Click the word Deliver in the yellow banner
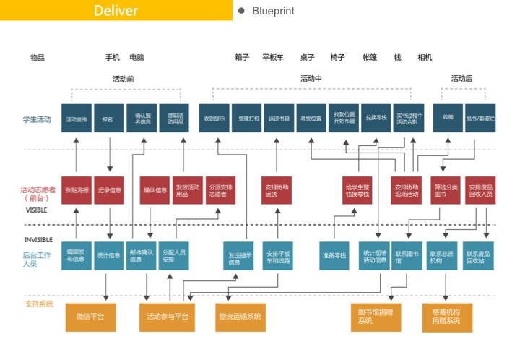click(116, 11)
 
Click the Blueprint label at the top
click(273, 11)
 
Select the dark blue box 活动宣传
click(76, 119)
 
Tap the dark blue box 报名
click(108, 119)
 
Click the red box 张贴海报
click(76, 190)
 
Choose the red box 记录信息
click(109, 190)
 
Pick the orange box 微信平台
click(90, 317)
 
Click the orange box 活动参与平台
click(167, 317)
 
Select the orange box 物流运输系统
click(239, 317)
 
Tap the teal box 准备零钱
click(334, 255)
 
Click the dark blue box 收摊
click(448, 119)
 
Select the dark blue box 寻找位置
click(309, 119)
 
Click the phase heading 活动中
click(311, 79)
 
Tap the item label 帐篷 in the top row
click(369, 58)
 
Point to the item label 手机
click(113, 58)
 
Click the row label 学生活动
click(37, 119)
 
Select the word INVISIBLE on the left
click(38, 239)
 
